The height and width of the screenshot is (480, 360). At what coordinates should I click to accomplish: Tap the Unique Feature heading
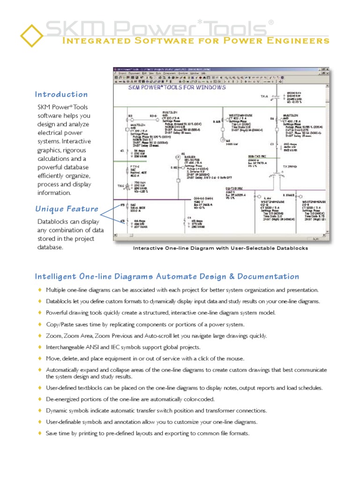click(67, 209)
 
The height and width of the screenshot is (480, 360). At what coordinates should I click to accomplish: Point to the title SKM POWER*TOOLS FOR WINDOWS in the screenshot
click(177, 87)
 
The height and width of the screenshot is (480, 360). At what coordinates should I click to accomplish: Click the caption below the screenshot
click(220, 248)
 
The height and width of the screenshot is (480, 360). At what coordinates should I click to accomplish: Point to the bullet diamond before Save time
click(40, 433)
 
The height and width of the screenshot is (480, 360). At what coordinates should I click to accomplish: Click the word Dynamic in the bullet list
click(56, 411)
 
